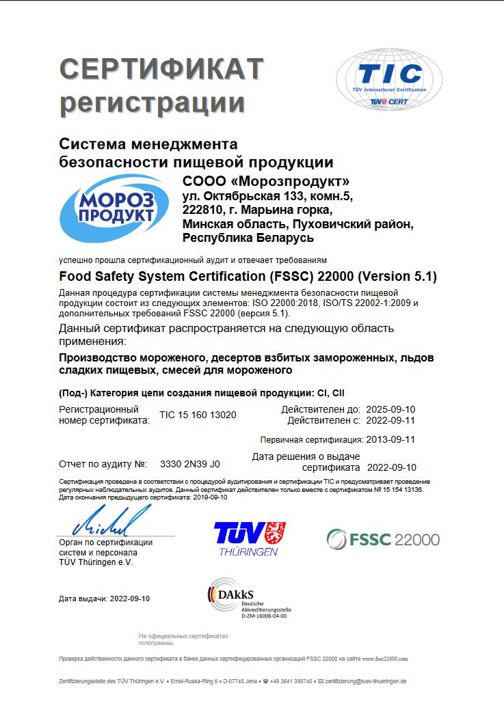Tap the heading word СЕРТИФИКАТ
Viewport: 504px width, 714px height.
tap(161, 69)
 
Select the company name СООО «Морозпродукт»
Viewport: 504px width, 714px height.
tap(267, 182)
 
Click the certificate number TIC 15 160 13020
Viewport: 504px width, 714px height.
tap(198, 415)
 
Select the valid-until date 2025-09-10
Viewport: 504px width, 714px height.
tap(390, 409)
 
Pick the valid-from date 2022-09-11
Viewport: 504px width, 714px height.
tap(390, 420)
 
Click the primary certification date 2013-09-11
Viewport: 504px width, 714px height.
tap(390, 439)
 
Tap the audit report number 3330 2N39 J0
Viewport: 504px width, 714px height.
tap(189, 464)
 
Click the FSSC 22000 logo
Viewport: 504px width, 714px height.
tap(383, 539)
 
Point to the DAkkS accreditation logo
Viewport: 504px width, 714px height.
tap(248, 599)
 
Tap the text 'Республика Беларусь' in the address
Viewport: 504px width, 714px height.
tap(248, 238)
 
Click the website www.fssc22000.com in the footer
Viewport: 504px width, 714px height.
tap(385, 659)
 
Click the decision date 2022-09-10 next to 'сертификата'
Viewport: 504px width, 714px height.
tap(392, 468)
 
